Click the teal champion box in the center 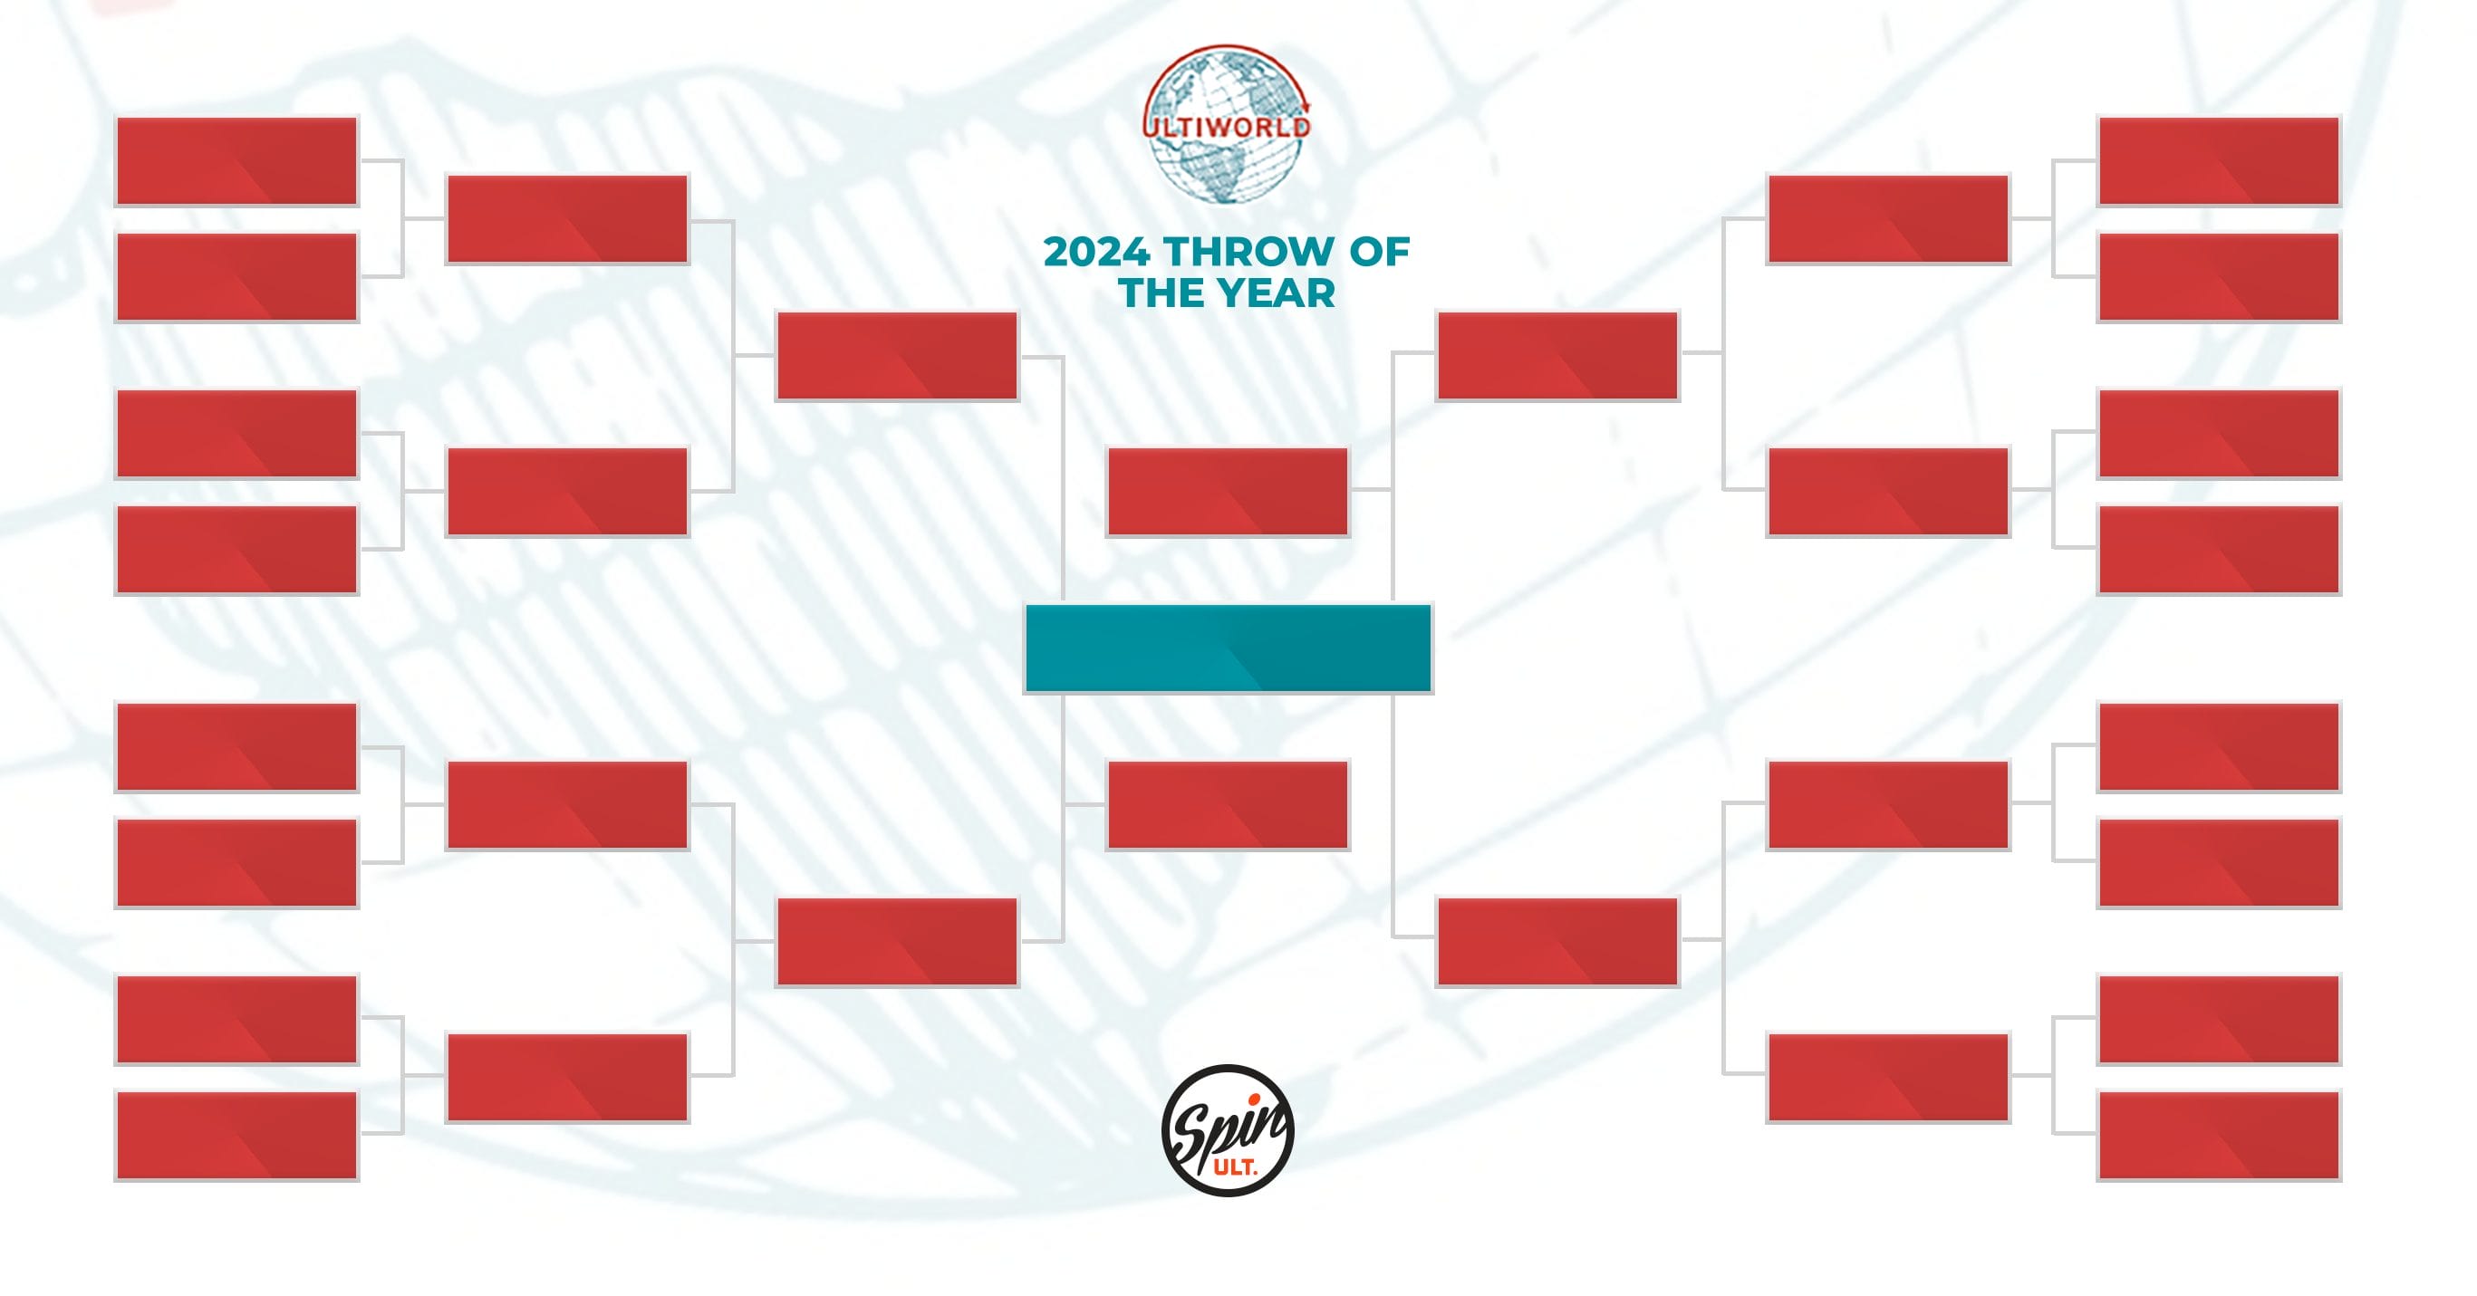[x=1228, y=648]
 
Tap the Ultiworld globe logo [x=1227, y=123]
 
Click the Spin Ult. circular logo [x=1227, y=1130]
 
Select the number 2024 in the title [x=1096, y=252]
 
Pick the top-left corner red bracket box [x=236, y=161]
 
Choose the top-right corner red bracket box [x=2219, y=161]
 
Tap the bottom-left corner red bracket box [x=236, y=1136]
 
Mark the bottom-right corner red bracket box [x=2219, y=1136]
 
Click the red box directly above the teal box [x=1228, y=491]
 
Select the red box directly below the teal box [x=1228, y=806]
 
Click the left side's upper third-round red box [x=897, y=356]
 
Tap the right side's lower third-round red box [x=1557, y=942]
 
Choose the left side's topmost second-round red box [x=567, y=219]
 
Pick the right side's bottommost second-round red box [x=1887, y=1078]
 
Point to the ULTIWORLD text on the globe [x=1227, y=127]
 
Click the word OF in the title [x=1379, y=252]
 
